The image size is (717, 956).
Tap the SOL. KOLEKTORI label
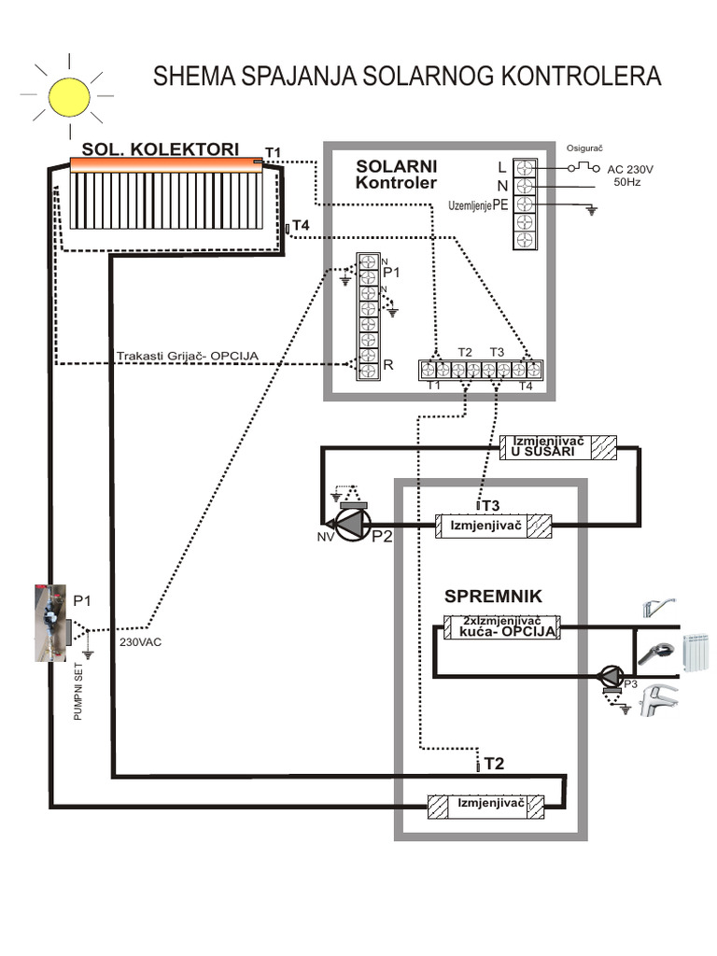pyautogui.click(x=160, y=149)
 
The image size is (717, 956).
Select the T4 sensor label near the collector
pyautogui.click(x=300, y=225)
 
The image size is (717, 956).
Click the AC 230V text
pyautogui.click(x=631, y=169)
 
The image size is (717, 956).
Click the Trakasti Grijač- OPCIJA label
pyautogui.click(x=187, y=355)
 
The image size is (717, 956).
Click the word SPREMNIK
pyautogui.click(x=493, y=596)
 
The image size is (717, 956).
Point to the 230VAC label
pyautogui.click(x=140, y=642)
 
